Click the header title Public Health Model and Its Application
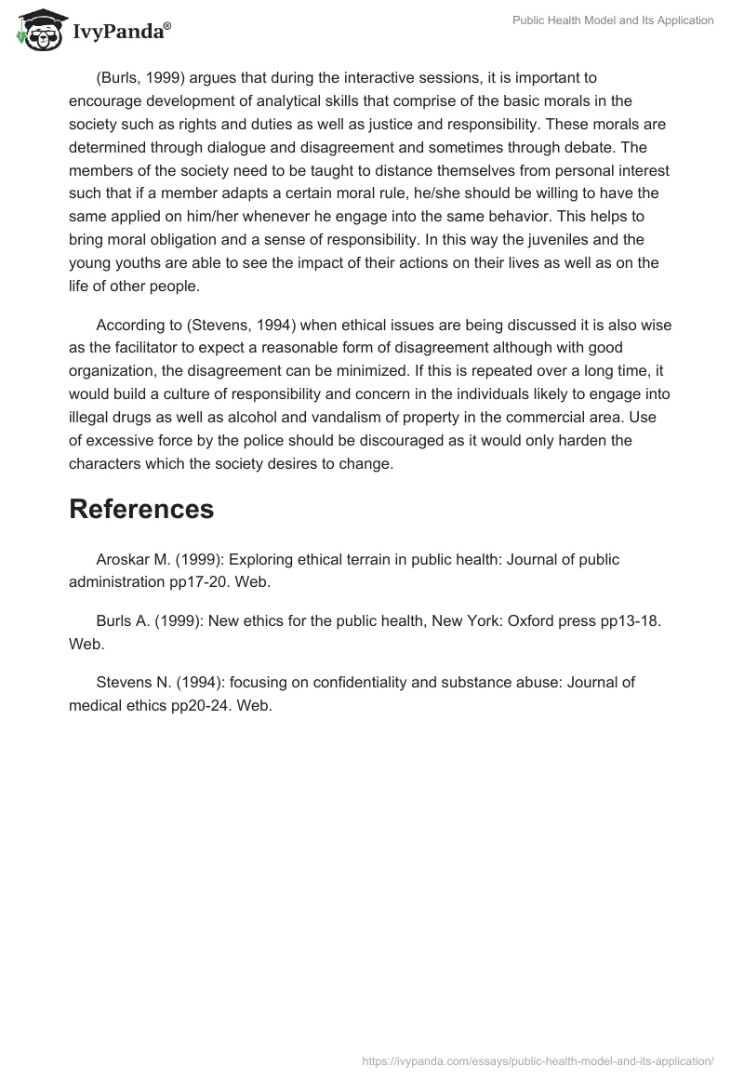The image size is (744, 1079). [613, 20]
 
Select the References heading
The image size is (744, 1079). [141, 509]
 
